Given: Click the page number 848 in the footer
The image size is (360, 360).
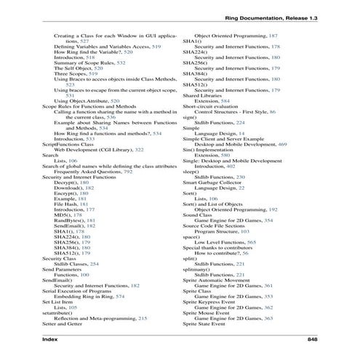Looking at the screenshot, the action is [311, 338].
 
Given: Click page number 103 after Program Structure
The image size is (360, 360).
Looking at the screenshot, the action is [269, 230].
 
